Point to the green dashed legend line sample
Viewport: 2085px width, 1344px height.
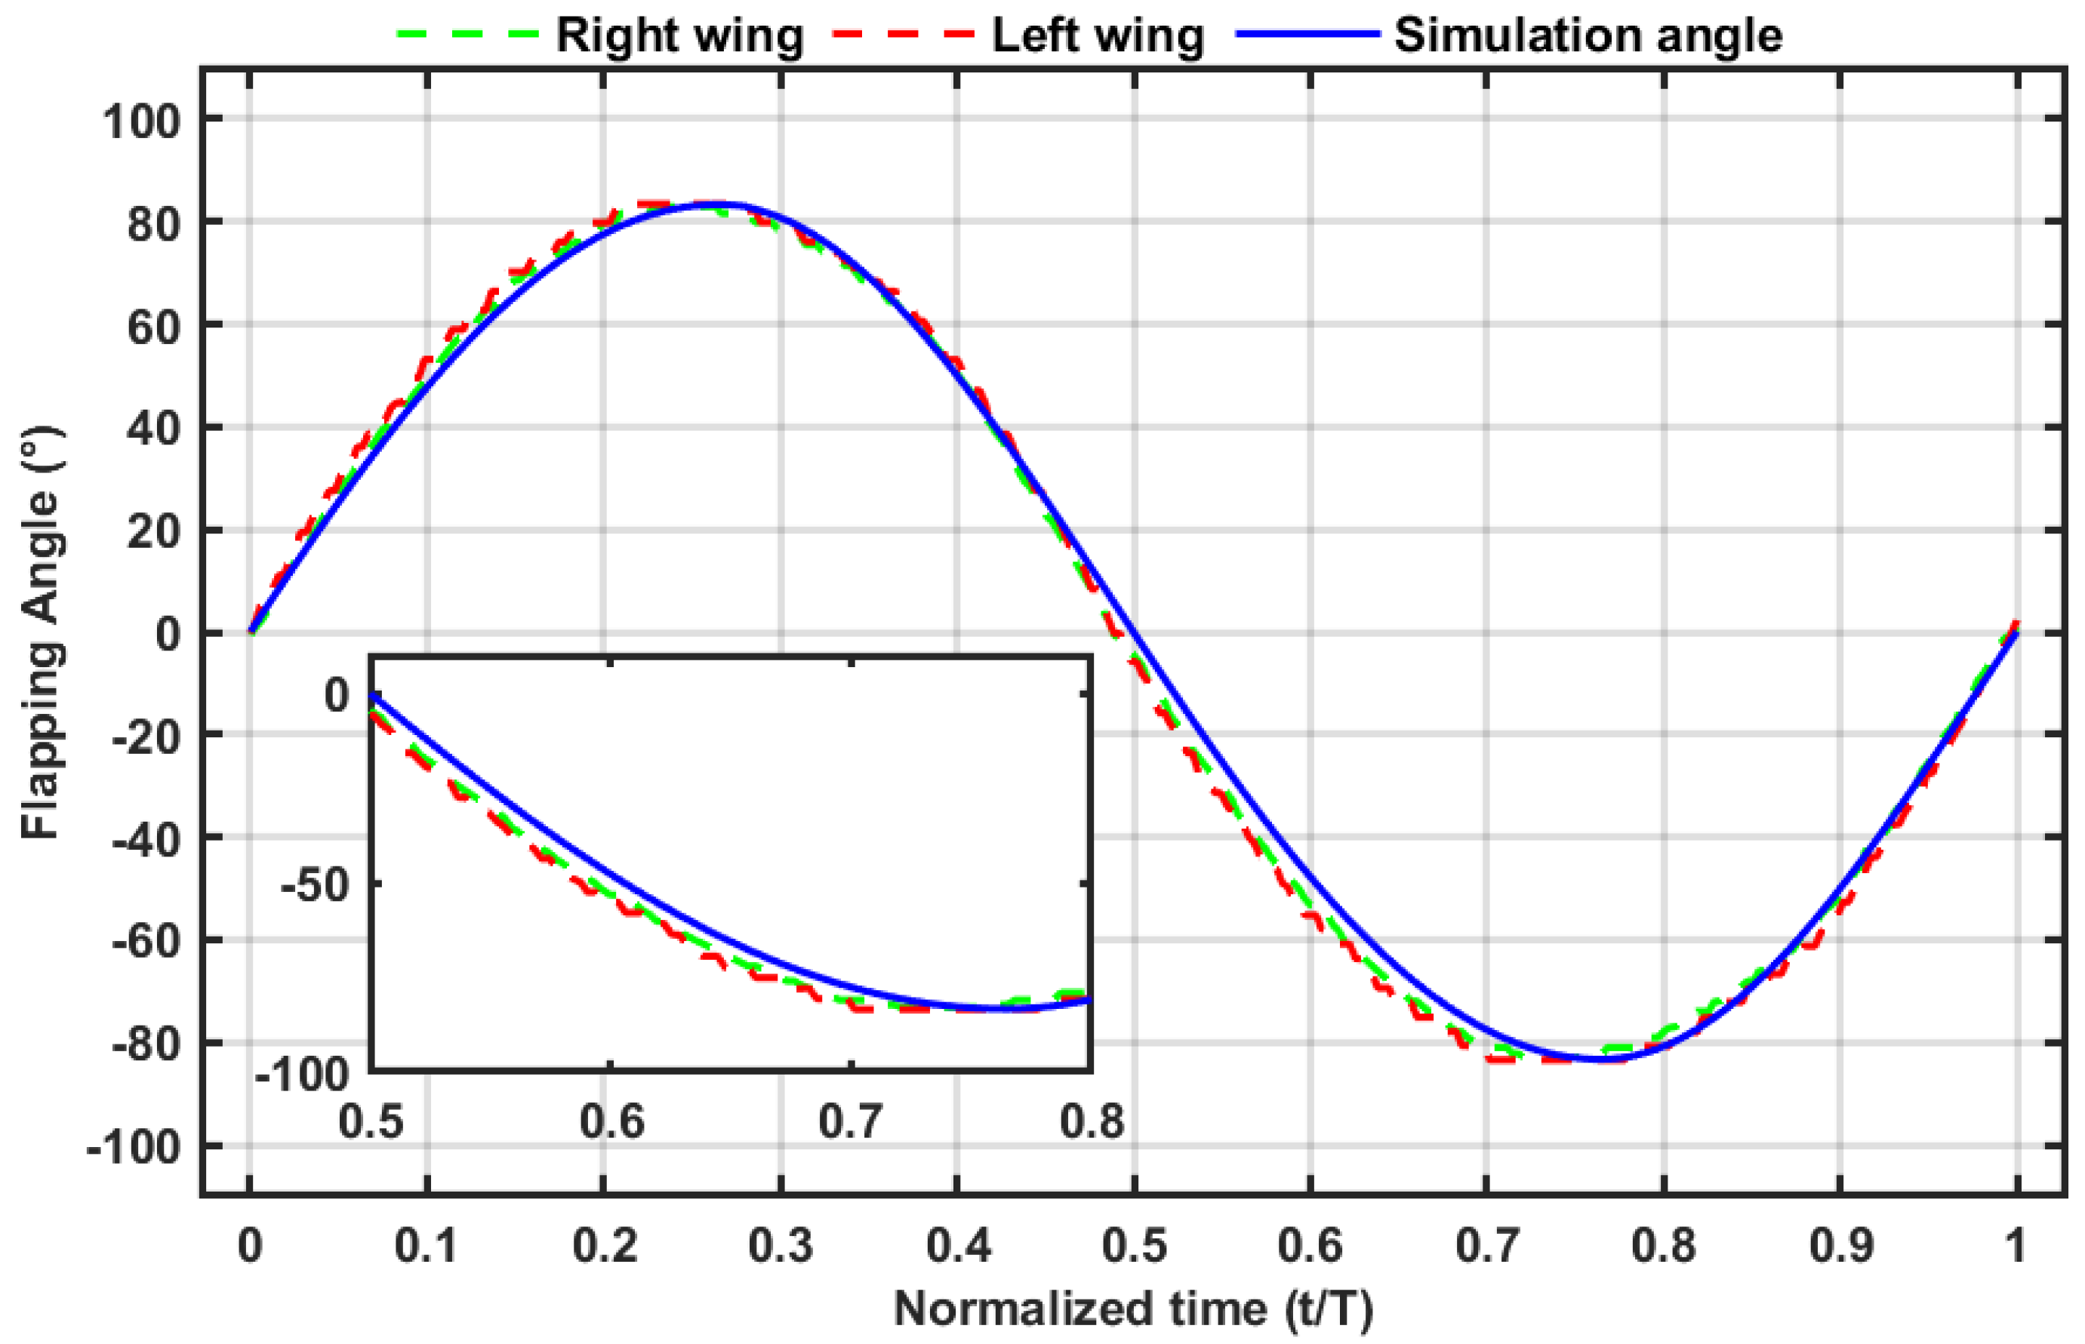468,35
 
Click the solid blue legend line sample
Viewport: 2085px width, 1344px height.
1307,35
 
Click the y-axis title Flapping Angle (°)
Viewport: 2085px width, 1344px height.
40,632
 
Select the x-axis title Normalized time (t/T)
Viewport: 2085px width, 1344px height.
1133,1309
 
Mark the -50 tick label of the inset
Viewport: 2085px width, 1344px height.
314,886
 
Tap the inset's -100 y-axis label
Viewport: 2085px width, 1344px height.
302,1075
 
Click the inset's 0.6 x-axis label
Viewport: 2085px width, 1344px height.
611,1121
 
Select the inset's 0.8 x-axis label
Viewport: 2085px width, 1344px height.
1091,1121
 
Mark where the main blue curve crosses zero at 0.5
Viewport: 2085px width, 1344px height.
1134,632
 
